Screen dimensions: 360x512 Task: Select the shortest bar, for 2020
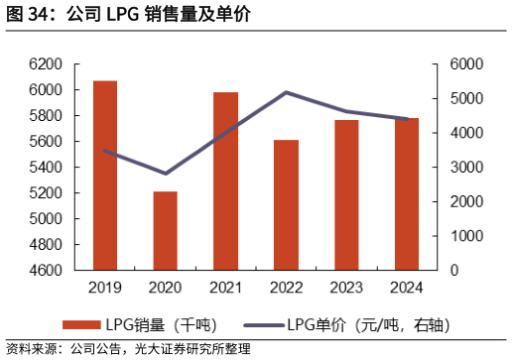(x=165, y=230)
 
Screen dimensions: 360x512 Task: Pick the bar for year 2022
(x=286, y=204)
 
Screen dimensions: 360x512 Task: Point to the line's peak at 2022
(x=286, y=92)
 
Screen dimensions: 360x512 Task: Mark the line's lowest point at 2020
(x=165, y=174)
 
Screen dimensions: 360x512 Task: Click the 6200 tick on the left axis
(x=46, y=63)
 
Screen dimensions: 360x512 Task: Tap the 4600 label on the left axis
(x=46, y=270)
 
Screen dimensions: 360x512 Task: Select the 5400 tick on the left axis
(x=46, y=167)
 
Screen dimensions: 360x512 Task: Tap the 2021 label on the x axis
(x=225, y=288)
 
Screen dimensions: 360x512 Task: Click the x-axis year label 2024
(x=407, y=288)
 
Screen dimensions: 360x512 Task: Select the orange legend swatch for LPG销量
(x=81, y=324)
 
